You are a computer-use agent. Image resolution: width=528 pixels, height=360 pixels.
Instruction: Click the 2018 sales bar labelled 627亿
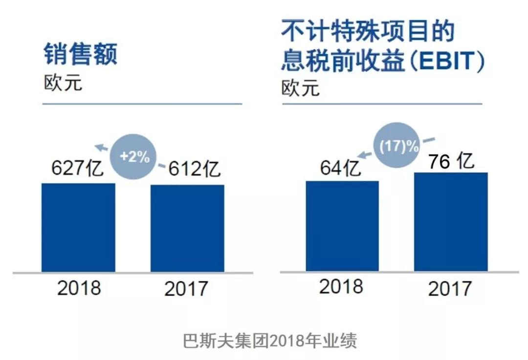click(78, 228)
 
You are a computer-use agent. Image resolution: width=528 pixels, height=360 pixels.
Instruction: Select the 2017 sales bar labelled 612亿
click(187, 228)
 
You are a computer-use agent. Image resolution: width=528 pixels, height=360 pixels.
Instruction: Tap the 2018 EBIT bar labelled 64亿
click(342, 226)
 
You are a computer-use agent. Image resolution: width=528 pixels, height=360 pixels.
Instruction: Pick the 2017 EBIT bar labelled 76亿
click(451, 222)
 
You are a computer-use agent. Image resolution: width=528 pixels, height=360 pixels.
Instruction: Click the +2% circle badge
click(134, 156)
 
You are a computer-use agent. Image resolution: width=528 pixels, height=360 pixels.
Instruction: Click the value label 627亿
click(77, 167)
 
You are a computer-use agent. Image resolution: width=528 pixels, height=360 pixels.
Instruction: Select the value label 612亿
click(194, 168)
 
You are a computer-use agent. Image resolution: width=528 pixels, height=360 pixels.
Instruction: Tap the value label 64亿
click(340, 168)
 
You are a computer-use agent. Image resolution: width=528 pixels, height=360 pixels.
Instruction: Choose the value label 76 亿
click(452, 161)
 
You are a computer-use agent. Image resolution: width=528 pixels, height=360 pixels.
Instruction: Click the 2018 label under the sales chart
click(79, 288)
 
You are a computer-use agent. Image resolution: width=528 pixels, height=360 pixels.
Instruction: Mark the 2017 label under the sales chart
click(186, 289)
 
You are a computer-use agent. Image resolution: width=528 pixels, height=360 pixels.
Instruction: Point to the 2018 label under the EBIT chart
click(341, 287)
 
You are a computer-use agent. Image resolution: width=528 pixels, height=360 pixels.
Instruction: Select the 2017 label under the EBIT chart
click(450, 289)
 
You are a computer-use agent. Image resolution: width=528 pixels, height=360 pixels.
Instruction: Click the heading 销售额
click(80, 54)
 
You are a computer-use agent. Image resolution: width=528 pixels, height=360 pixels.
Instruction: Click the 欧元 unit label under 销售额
click(63, 83)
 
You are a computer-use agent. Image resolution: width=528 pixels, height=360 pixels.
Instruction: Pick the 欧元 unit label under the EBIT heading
click(300, 88)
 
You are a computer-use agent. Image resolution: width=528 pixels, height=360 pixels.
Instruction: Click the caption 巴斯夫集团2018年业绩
click(270, 341)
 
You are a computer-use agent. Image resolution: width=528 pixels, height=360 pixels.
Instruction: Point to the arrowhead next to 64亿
click(361, 155)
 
